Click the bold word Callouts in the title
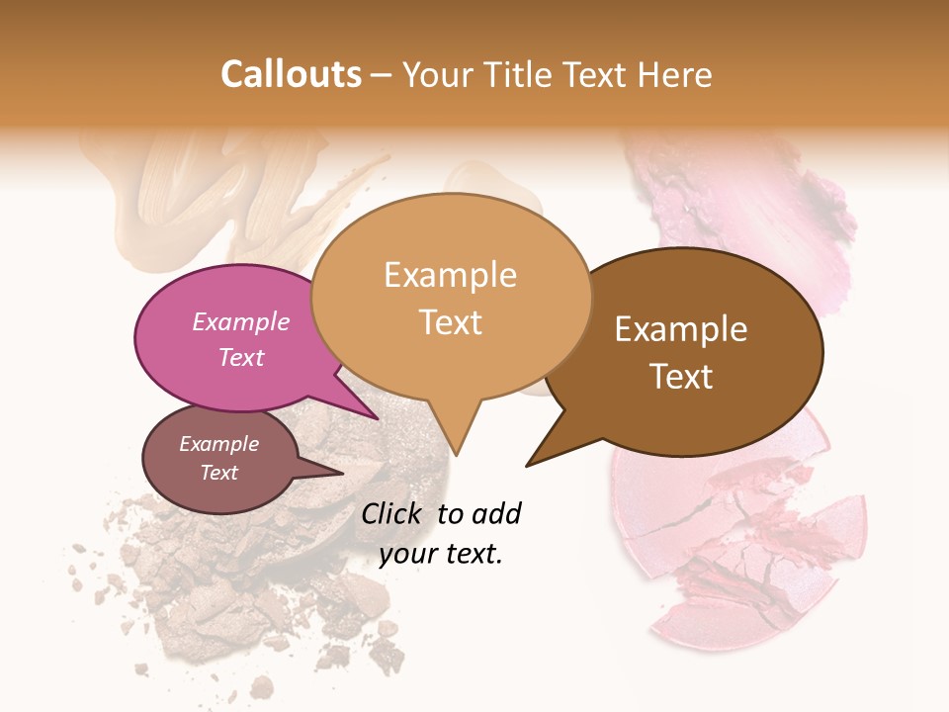pos(291,74)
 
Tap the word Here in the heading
pos(672,74)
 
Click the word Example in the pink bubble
pos(241,322)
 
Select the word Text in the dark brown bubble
pos(681,377)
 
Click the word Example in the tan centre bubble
pos(450,275)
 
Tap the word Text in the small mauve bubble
pos(218,473)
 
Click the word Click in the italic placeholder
pos(393,513)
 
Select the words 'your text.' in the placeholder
pos(441,555)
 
